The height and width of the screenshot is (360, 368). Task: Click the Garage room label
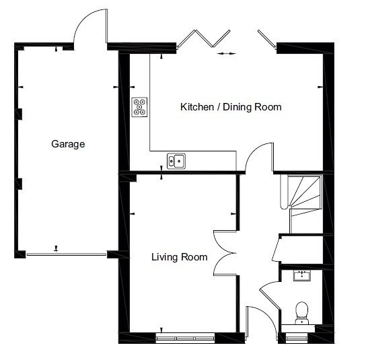pos(68,144)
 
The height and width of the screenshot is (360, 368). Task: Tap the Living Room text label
pos(180,257)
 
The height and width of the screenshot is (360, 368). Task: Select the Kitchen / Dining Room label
pos(231,107)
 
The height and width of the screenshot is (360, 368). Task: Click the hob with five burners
pos(139,107)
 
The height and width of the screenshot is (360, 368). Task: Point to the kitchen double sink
pos(176,161)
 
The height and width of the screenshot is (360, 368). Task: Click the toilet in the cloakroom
pos(302,313)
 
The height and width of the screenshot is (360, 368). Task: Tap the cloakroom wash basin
pos(302,275)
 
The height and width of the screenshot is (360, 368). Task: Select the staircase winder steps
pos(305,192)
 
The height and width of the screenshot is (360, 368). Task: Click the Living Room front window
pos(186,338)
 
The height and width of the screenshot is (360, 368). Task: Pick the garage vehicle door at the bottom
pos(67,254)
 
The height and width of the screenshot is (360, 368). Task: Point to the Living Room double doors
pos(225,253)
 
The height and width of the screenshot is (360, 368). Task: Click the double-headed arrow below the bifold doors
pos(227,54)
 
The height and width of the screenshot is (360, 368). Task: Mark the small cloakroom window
pos(297,338)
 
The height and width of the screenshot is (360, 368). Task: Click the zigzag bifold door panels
pos(204,38)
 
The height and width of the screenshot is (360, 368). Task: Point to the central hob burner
pos(139,107)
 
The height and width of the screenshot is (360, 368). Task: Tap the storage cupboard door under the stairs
pos(277,249)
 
